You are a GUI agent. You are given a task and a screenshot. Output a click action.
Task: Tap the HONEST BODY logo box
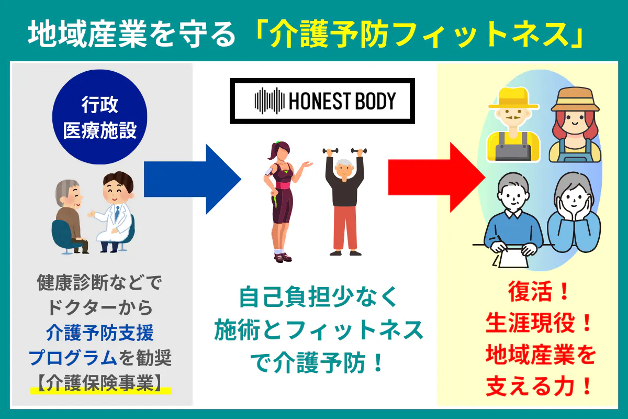point(322,101)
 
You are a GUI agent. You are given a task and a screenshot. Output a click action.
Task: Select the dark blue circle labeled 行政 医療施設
point(99,118)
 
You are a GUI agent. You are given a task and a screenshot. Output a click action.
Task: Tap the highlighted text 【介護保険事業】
point(99,384)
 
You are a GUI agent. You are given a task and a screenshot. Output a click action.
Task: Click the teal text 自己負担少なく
point(319,299)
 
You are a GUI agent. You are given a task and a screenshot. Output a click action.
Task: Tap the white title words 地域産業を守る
point(131,35)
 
